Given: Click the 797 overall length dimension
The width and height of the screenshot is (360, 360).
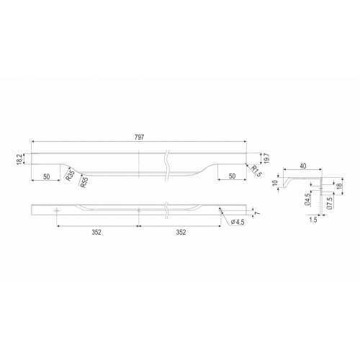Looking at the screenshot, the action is point(139,137).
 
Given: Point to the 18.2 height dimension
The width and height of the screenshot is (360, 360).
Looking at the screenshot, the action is point(19,159).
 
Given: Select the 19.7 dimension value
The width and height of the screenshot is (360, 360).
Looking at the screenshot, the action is point(267,158).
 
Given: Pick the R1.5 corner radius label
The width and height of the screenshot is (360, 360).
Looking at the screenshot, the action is point(256,171).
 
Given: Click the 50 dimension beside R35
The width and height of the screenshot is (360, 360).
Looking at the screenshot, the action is point(47,177).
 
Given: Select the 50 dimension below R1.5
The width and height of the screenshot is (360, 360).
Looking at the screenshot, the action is point(232,176).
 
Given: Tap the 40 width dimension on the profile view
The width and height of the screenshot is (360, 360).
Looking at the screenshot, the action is point(303,166).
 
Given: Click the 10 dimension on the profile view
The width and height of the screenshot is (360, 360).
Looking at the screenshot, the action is point(275,183).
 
